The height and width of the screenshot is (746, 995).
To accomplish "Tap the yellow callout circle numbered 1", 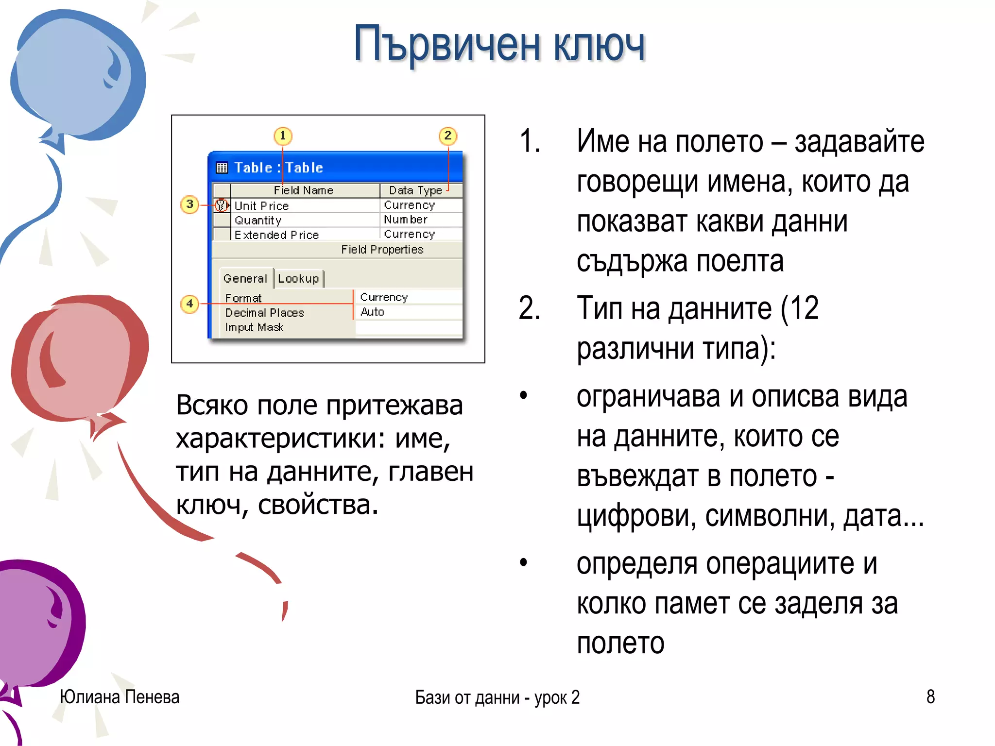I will [x=283, y=136].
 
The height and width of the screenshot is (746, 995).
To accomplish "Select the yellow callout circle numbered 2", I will [x=447, y=136].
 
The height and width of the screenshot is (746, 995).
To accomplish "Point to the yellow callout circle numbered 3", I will [x=189, y=204].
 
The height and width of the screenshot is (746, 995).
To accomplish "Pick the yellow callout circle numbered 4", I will [x=189, y=304].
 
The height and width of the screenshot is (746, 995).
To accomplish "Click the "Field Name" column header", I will [x=304, y=190].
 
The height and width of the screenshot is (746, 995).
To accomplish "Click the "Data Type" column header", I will [x=415, y=190].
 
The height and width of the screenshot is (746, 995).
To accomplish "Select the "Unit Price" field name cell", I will [x=262, y=206].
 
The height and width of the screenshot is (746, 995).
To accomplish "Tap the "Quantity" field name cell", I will [x=258, y=220].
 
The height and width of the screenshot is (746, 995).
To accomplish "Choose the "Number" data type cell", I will [x=406, y=220].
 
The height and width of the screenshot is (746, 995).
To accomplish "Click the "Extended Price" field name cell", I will [x=276, y=235].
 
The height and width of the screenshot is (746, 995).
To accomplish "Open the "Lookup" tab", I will [x=298, y=279].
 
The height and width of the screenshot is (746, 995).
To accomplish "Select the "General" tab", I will [x=245, y=279].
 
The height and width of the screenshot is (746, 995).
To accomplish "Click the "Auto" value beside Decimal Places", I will [x=373, y=312].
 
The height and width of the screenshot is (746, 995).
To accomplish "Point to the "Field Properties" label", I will [x=382, y=250].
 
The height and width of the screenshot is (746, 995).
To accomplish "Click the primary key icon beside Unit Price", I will [x=222, y=205].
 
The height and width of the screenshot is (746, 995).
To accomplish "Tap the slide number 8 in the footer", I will [x=930, y=697].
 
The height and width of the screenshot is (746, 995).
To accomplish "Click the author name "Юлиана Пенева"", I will [x=120, y=697].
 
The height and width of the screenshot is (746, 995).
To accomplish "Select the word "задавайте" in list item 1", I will [x=859, y=142].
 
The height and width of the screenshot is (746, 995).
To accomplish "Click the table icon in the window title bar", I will [x=222, y=168].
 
